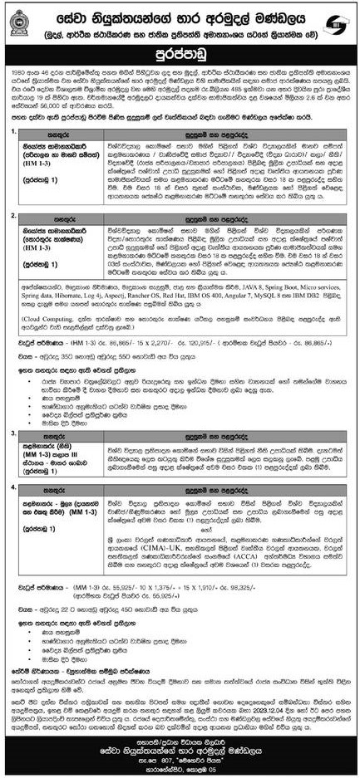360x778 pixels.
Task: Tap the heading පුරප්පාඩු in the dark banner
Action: click(x=180, y=55)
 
